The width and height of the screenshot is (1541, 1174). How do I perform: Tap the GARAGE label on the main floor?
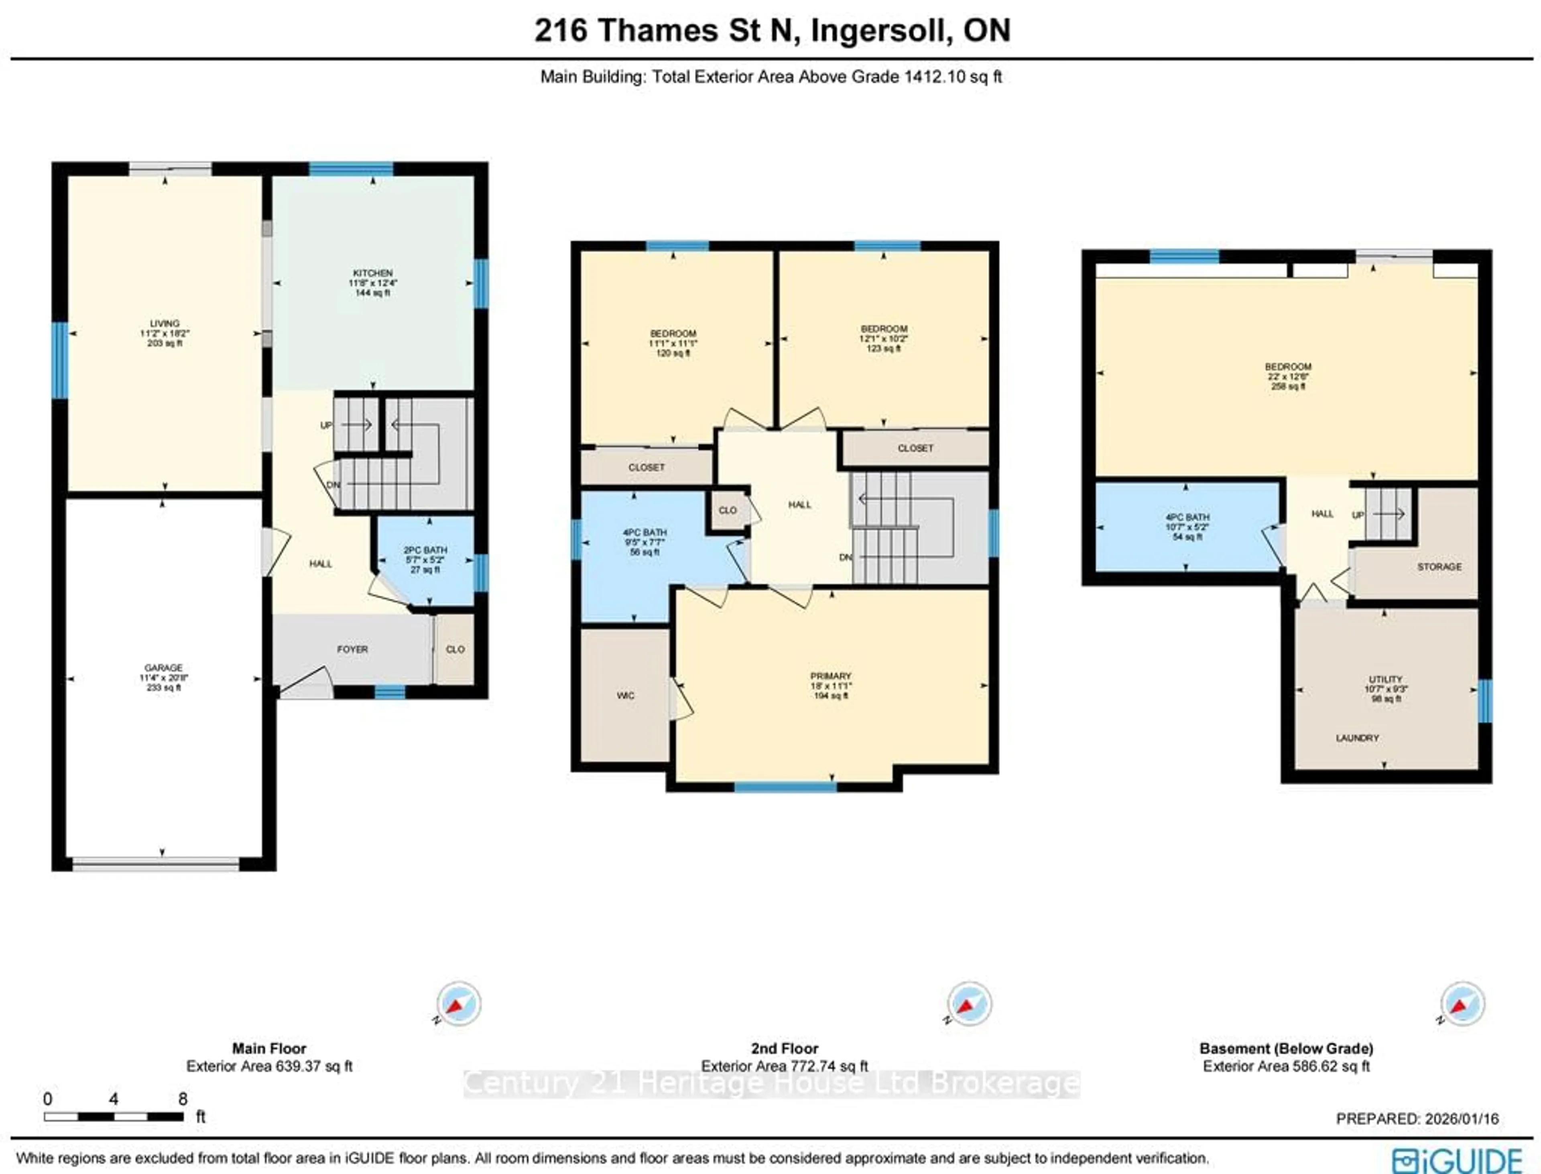[x=163, y=667]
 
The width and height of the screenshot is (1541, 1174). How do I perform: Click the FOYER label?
[x=352, y=649]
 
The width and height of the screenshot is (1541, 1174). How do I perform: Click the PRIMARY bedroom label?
[x=831, y=676]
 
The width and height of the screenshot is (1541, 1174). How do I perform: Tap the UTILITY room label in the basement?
[x=1385, y=679]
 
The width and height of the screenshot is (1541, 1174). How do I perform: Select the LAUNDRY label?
[x=1357, y=738]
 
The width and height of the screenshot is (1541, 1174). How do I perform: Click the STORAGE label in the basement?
[x=1439, y=567]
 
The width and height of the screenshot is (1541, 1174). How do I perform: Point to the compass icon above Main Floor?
[x=459, y=1004]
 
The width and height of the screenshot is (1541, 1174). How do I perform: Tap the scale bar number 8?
[x=183, y=1099]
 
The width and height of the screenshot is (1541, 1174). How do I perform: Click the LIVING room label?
[x=165, y=324]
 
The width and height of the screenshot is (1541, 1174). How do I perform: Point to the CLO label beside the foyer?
[x=455, y=649]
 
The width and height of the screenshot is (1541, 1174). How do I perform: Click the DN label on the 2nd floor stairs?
[x=845, y=557]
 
